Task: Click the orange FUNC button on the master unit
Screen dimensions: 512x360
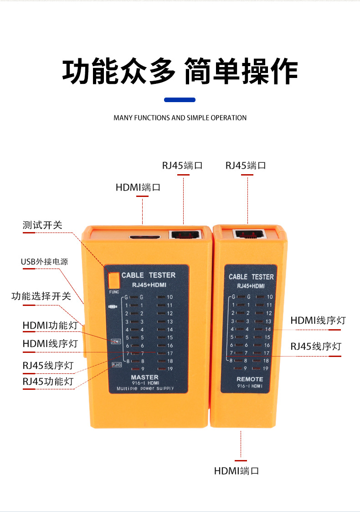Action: pos(113,279)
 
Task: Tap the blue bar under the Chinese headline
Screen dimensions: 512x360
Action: pos(180,99)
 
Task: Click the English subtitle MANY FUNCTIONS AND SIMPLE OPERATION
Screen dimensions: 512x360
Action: pos(180,118)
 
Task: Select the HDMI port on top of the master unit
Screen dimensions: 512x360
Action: pos(145,238)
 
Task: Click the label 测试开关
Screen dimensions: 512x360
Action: pos(42,225)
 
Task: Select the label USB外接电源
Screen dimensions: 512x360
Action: pos(44,262)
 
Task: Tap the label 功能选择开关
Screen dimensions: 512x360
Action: pos(41,296)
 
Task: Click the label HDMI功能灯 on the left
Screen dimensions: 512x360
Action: pos(47,326)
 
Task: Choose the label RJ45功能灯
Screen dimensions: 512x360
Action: pos(48,381)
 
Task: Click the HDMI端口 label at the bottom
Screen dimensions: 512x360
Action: pos(237,471)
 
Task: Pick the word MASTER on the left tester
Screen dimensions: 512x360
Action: pos(144,377)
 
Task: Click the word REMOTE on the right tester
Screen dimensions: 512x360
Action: pos(250,379)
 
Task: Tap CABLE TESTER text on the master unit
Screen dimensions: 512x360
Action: pos(148,275)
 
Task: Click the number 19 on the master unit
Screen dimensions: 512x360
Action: pos(170,369)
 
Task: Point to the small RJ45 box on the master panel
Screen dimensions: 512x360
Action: pos(117,364)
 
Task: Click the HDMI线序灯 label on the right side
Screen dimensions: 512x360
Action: pos(318,321)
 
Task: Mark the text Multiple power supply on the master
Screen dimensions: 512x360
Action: pos(145,388)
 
